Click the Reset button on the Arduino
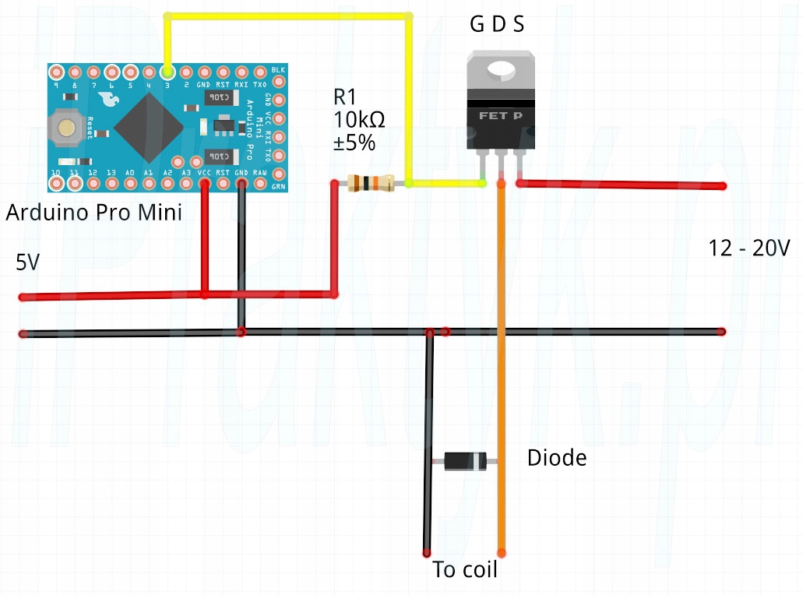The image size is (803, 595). tap(66, 127)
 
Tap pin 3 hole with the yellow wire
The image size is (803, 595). tap(167, 72)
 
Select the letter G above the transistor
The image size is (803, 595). tap(476, 25)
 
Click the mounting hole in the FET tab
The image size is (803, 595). tap(502, 70)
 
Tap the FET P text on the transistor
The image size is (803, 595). tap(502, 116)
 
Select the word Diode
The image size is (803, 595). tap(556, 458)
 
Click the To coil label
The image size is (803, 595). tap(465, 570)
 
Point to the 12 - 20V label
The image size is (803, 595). tap(749, 248)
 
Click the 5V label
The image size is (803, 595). tap(27, 263)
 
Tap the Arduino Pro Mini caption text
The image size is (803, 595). tap(93, 213)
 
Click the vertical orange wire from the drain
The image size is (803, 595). tap(502, 350)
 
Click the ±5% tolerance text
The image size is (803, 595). tap(354, 143)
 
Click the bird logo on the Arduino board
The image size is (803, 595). tap(107, 100)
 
